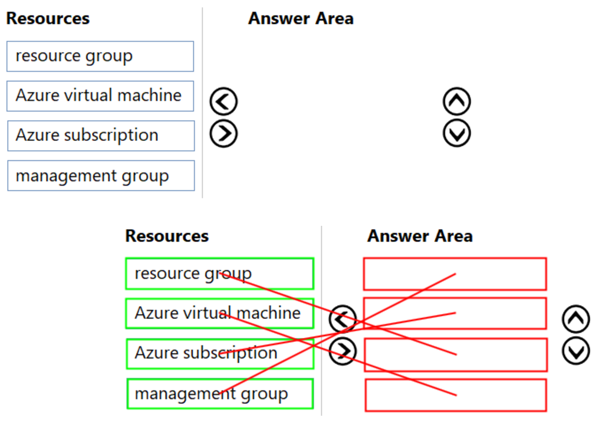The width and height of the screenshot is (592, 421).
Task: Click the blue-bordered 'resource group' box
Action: coord(100,57)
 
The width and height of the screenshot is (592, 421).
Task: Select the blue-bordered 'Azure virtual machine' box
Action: coord(100,96)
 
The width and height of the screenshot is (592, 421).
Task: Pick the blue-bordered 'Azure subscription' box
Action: coord(100,136)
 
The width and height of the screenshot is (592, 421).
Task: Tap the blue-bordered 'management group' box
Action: coord(100,176)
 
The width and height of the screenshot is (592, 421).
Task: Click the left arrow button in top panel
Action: coord(223,102)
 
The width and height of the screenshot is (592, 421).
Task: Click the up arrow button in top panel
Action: coord(456,102)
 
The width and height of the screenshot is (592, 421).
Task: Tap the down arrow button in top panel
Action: coord(456,134)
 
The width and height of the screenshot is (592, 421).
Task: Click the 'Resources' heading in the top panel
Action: coord(48,18)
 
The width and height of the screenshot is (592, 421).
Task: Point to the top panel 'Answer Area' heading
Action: coord(301,18)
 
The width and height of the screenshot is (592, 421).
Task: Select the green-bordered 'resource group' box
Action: coord(219,274)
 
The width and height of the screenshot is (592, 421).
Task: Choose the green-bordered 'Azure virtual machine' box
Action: coord(219,313)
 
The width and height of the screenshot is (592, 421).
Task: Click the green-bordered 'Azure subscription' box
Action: coord(219,353)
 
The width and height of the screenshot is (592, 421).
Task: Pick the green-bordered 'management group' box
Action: coord(219,394)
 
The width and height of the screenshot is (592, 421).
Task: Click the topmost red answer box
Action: coord(455,274)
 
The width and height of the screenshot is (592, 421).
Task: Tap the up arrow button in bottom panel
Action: coord(575,319)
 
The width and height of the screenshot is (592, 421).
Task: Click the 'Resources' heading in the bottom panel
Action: coord(167,236)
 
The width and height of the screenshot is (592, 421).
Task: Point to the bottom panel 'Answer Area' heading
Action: coord(420,236)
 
